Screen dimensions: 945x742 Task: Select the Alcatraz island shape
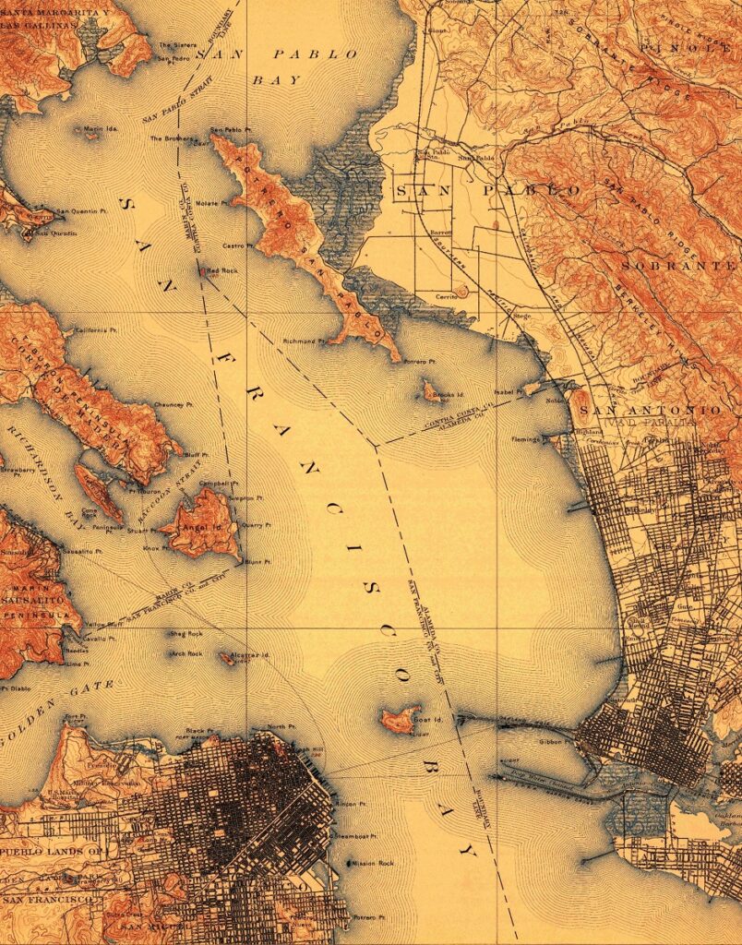tap(226, 659)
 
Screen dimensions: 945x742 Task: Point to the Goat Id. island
tap(400, 719)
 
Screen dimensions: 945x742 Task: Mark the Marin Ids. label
tap(102, 128)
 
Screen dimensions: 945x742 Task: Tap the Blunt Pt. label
tap(257, 561)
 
